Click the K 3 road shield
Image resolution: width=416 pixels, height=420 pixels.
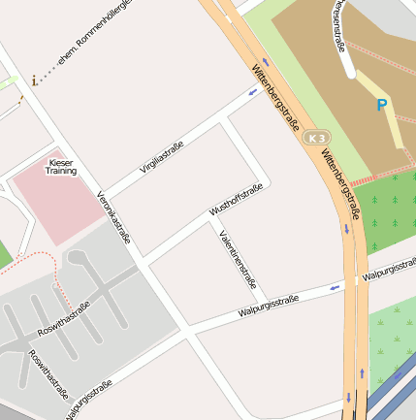tap(316, 139)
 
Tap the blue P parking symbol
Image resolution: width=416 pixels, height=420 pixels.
tap(382, 105)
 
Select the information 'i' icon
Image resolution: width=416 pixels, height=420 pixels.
tap(35, 81)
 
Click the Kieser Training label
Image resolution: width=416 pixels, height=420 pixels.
tap(60, 166)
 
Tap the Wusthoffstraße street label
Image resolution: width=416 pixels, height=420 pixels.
tap(236, 199)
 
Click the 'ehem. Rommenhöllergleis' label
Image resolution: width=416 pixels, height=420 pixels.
tap(93, 39)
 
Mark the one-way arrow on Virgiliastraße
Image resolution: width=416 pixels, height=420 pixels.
tap(252, 93)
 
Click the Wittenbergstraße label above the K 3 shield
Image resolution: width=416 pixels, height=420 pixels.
tap(275, 99)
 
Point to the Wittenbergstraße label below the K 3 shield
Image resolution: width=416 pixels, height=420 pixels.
tap(340, 182)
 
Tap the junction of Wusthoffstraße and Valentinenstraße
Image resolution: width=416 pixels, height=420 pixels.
tap(211, 221)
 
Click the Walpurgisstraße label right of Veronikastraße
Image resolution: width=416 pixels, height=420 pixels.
tap(268, 307)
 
